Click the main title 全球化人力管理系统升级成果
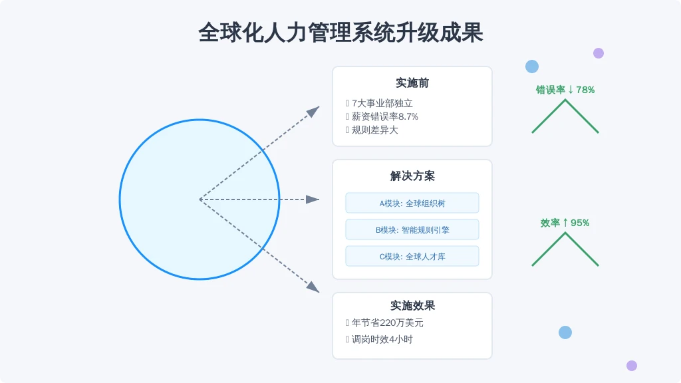click(x=340, y=33)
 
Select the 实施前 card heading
click(x=412, y=83)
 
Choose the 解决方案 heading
click(x=412, y=176)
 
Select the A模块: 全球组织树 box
click(x=412, y=203)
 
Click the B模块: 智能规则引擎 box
click(x=412, y=229)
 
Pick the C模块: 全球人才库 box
click(x=412, y=256)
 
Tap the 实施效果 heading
click(x=412, y=306)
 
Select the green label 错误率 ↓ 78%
click(x=565, y=90)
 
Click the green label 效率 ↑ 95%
click(x=565, y=223)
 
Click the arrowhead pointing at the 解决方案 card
click(x=313, y=199)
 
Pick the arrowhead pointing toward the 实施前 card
click(x=314, y=111)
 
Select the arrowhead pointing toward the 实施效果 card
click(x=314, y=287)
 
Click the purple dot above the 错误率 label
click(x=599, y=53)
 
